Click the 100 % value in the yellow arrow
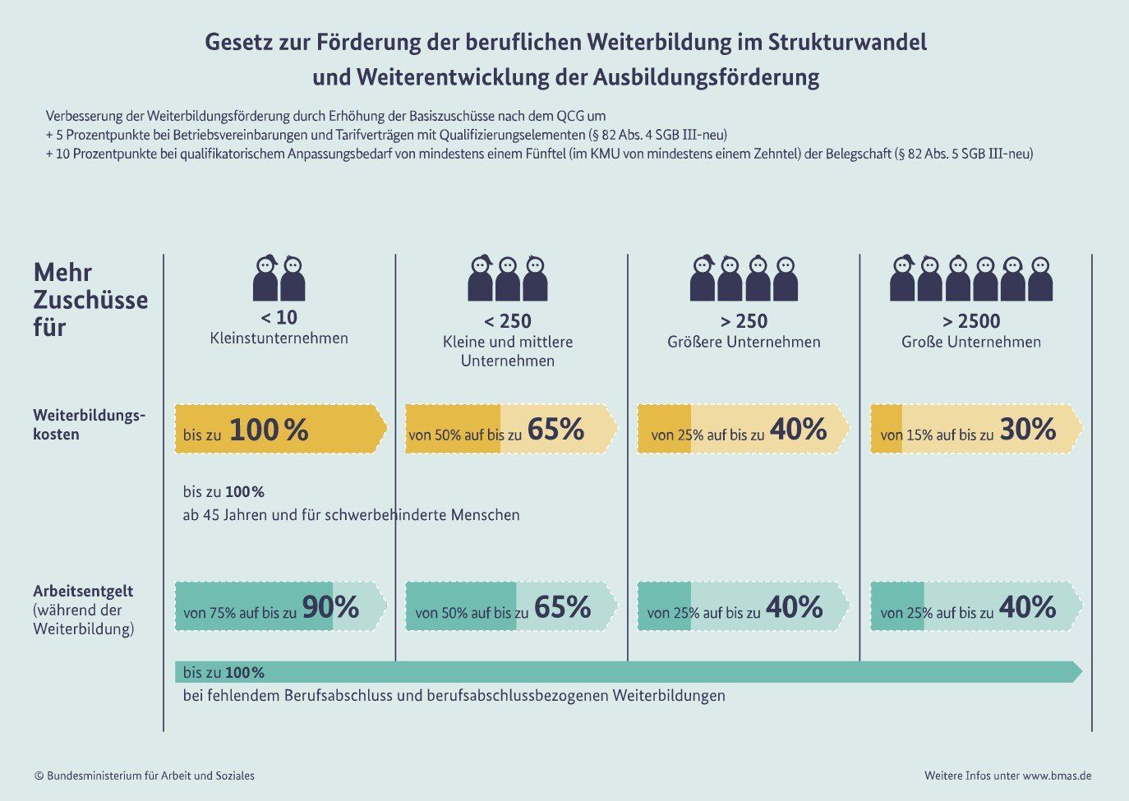[269, 430]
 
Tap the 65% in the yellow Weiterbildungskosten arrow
[555, 430]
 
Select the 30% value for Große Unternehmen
[1027, 430]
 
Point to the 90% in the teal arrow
[330, 608]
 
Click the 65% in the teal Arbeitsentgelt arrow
[562, 608]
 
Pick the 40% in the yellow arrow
[798, 430]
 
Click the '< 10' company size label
[279, 317]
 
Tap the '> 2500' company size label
[970, 320]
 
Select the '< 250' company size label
[507, 320]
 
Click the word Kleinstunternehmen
[279, 338]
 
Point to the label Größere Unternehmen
[744, 342]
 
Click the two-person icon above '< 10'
[279, 279]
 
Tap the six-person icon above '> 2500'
[971, 279]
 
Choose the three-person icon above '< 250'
[508, 279]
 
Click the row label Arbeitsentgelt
[83, 591]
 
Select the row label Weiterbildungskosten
[89, 424]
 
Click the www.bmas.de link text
[1057, 776]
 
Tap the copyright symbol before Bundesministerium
[39, 776]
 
